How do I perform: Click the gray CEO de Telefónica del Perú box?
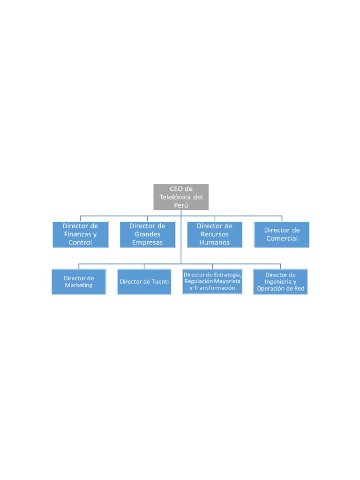(x=180, y=196)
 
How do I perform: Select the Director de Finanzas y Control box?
(x=80, y=234)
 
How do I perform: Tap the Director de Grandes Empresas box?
(x=147, y=234)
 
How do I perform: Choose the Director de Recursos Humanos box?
(x=214, y=234)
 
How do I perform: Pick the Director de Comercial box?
(x=281, y=234)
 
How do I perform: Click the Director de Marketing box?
(x=79, y=281)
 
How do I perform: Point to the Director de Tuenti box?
(x=144, y=281)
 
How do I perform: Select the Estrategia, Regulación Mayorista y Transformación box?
(x=212, y=281)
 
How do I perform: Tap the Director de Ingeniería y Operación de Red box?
(x=280, y=281)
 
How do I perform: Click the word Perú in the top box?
(x=181, y=205)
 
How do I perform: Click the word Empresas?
(x=147, y=242)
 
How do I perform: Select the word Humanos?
(x=214, y=242)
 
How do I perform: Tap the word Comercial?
(x=282, y=238)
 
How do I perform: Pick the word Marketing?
(x=79, y=285)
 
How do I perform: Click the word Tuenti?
(x=159, y=282)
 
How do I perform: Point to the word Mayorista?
(x=226, y=281)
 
